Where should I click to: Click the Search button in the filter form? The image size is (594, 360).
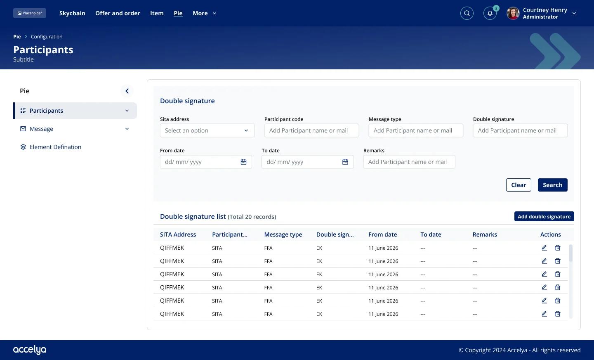click(x=552, y=185)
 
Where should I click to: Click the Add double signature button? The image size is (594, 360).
click(x=544, y=216)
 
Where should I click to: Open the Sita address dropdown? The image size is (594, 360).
click(x=207, y=130)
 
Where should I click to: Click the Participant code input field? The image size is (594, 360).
click(x=311, y=130)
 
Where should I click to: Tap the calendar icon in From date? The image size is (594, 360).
click(x=243, y=162)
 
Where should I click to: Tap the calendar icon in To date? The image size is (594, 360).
click(x=345, y=162)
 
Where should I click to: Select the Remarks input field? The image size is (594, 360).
click(x=409, y=162)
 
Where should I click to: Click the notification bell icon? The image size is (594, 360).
click(x=490, y=13)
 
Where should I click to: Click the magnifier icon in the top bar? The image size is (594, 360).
click(x=467, y=13)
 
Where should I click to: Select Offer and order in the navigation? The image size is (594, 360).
click(x=118, y=13)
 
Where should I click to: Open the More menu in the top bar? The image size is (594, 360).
click(x=205, y=13)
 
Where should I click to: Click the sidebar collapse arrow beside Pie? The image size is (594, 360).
click(x=127, y=91)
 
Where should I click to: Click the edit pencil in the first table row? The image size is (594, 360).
click(x=544, y=248)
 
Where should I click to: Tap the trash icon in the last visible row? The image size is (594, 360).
click(x=558, y=314)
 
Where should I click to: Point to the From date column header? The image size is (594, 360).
click(x=382, y=234)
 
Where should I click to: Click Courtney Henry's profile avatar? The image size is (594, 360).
click(x=513, y=13)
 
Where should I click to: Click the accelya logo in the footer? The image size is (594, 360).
click(x=30, y=350)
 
